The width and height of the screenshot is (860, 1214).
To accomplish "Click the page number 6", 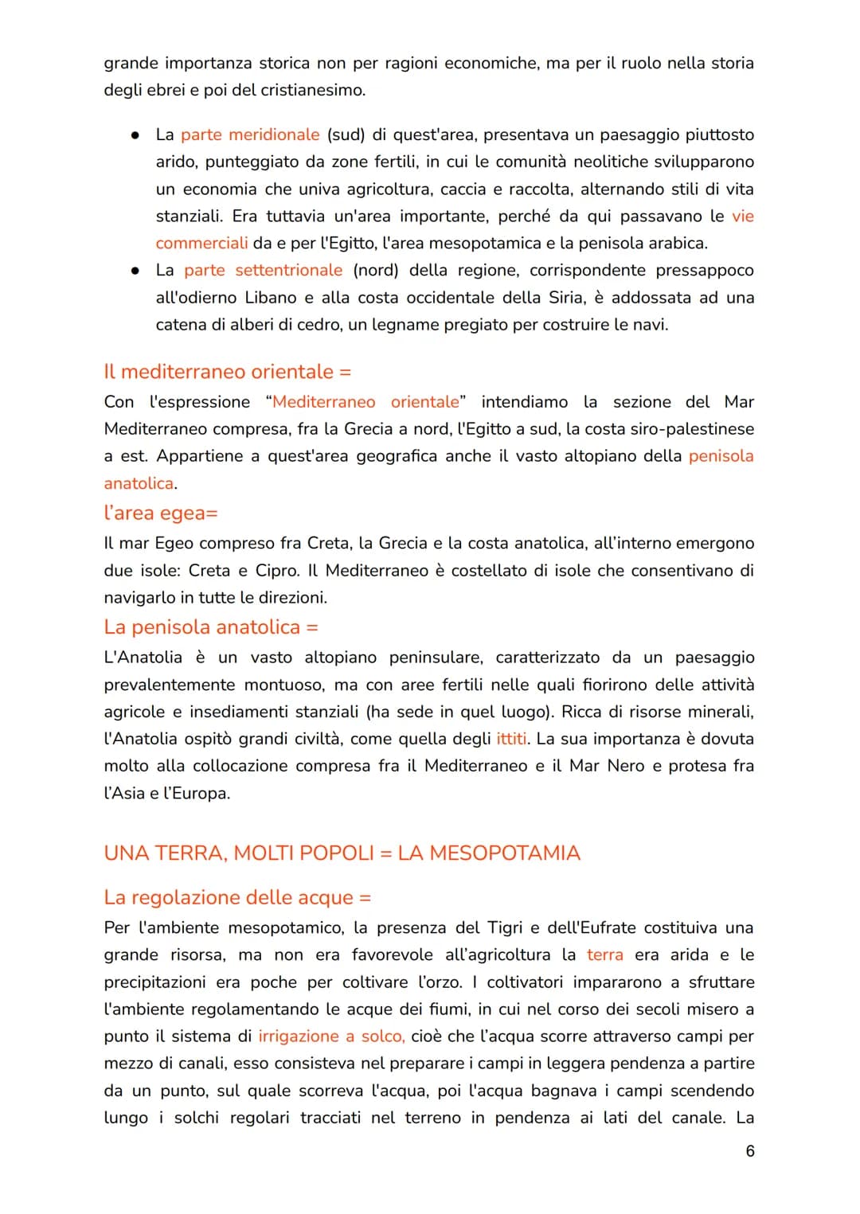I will pos(749,1151).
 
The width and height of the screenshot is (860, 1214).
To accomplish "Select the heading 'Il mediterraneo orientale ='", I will pos(227,372).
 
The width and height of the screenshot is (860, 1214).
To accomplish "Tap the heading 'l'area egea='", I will pos(160,513).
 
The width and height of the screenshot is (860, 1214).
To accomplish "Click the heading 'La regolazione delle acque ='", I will pos(237,897).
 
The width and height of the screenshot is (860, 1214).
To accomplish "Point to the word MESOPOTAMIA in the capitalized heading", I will pos(489,853).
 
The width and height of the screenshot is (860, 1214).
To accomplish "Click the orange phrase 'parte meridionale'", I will pos(250,135).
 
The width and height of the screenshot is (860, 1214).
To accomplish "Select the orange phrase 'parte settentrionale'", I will pos(263,270).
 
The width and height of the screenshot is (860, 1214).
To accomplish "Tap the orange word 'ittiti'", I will pos(511,739).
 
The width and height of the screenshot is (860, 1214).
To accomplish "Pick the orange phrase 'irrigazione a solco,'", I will pos(331,1036).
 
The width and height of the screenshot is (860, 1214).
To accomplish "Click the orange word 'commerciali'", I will pos(201,243).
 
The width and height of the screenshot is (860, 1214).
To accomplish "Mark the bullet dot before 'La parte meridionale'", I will pos(136,135).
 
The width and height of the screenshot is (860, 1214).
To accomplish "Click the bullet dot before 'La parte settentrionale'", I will pos(136,271).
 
